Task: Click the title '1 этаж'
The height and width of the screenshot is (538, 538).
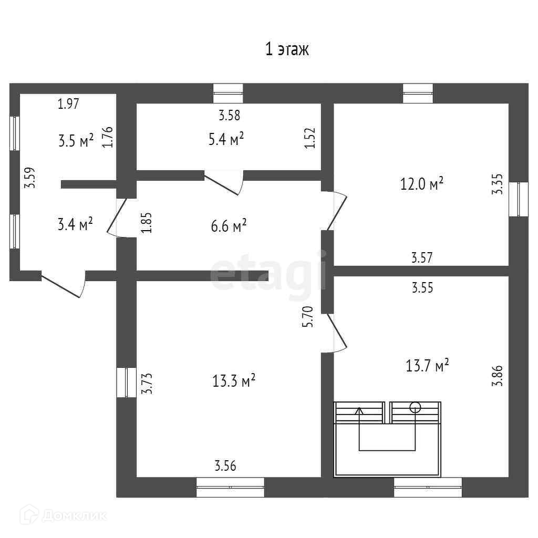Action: click(286, 50)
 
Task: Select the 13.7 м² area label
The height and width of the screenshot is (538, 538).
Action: click(427, 365)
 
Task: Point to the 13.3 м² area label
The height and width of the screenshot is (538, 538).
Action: click(234, 381)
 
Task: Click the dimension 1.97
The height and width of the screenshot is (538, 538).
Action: click(68, 104)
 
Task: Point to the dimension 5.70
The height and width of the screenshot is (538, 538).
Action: click(309, 317)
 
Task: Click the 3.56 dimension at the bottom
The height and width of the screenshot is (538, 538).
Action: click(225, 465)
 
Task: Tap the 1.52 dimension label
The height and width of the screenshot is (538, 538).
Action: click(310, 138)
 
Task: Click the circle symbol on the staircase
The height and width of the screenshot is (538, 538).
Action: click(415, 406)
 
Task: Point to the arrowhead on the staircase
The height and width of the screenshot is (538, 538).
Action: click(360, 410)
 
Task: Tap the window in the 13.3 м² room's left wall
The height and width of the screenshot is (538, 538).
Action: click(127, 382)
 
